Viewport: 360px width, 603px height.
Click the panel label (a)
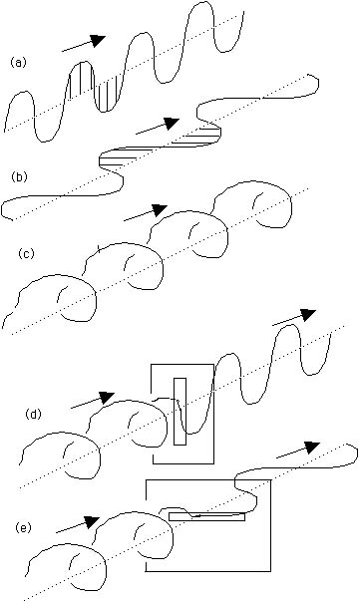point(18,63)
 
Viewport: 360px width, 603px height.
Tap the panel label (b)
point(20,177)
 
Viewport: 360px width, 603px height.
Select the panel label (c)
point(27,254)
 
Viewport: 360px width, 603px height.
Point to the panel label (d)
point(33,415)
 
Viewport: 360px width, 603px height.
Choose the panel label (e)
point(24,528)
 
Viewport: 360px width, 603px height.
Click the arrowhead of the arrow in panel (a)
point(99,40)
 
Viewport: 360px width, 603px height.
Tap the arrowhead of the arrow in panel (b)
point(172,123)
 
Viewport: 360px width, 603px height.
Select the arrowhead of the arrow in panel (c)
point(160,210)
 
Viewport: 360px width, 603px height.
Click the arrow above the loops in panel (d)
point(93,400)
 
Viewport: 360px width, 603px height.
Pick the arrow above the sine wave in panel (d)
point(294,317)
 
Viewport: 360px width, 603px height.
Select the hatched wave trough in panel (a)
point(109,97)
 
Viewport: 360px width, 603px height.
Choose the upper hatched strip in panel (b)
point(201,136)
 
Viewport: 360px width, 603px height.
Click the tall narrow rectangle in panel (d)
point(180,412)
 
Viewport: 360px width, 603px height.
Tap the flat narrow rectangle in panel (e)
point(206,517)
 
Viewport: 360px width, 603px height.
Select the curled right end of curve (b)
point(312,83)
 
